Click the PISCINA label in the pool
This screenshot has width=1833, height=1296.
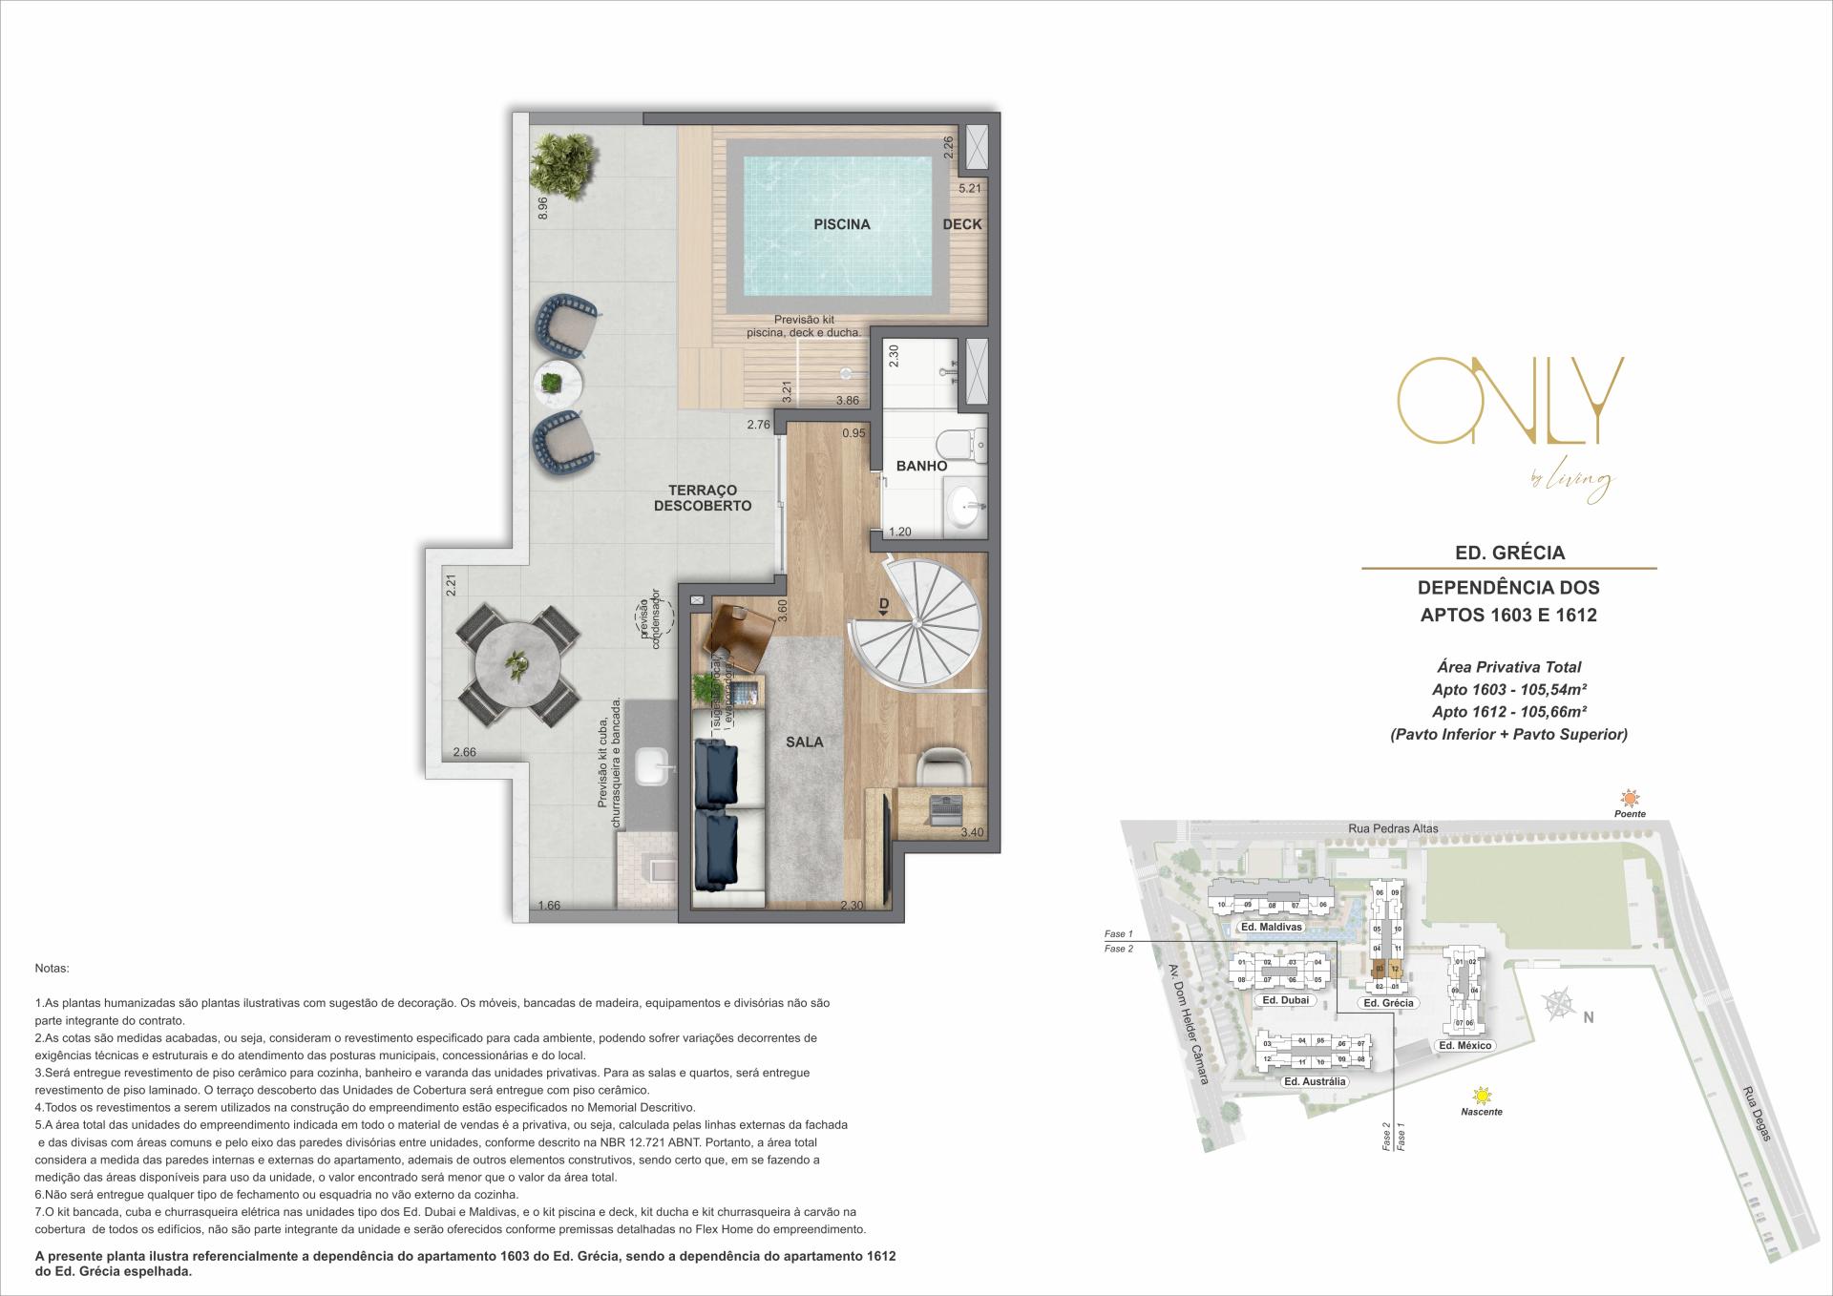pyautogui.click(x=841, y=224)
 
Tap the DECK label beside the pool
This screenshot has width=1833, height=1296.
pyautogui.click(x=961, y=224)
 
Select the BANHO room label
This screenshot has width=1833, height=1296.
pyautogui.click(x=921, y=466)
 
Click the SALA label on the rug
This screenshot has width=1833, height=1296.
pyautogui.click(x=804, y=742)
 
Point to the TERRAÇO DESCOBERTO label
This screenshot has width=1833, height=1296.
pyautogui.click(x=703, y=497)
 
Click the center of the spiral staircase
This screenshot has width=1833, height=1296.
pyautogui.click(x=915, y=623)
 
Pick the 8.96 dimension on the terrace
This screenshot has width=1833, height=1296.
pyautogui.click(x=542, y=208)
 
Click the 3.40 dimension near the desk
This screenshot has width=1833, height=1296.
pyautogui.click(x=971, y=832)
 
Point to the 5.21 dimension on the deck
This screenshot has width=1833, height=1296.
pyautogui.click(x=969, y=189)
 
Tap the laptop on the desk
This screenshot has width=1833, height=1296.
pyautogui.click(x=941, y=805)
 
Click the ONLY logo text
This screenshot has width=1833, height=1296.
pyautogui.click(x=1509, y=401)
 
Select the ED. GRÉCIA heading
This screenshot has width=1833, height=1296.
pyautogui.click(x=1508, y=553)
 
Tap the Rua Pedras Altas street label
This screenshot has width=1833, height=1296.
pyautogui.click(x=1393, y=828)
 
